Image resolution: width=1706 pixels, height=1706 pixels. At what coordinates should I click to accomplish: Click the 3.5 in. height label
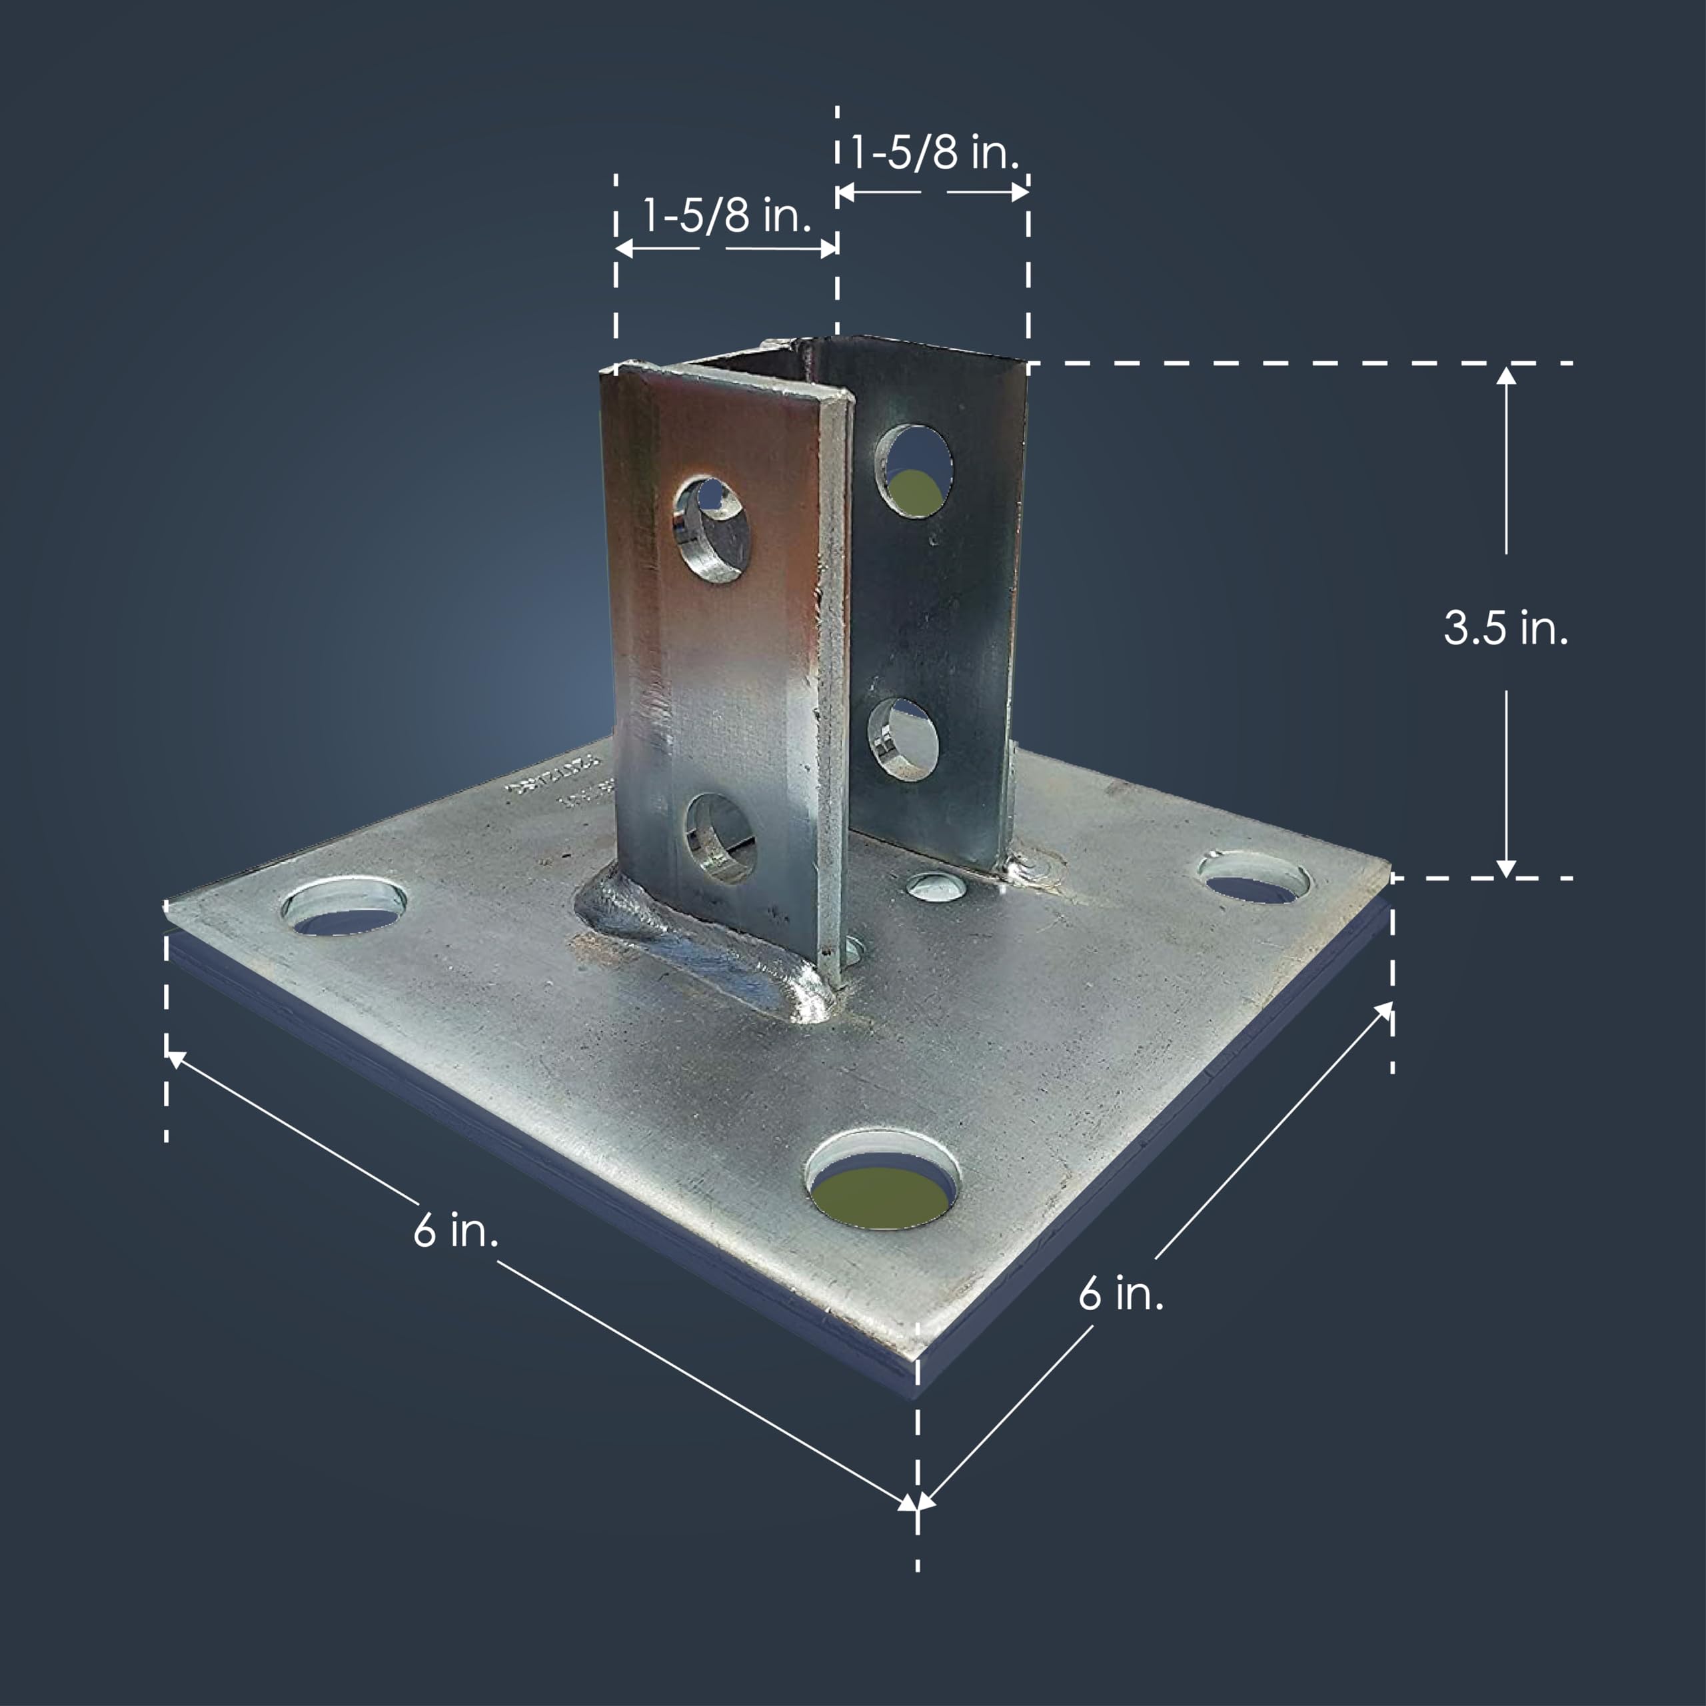[x=1505, y=628]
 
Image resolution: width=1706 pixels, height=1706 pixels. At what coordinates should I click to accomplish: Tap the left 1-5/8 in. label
[x=726, y=215]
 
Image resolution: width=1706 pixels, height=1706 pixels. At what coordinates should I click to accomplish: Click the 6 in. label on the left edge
[x=456, y=1230]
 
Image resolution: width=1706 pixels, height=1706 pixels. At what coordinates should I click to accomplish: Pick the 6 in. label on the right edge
[x=1120, y=1293]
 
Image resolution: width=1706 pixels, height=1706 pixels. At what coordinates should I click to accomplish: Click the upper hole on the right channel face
[x=914, y=470]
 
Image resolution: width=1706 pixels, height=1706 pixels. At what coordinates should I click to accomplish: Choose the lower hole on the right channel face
[x=904, y=740]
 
